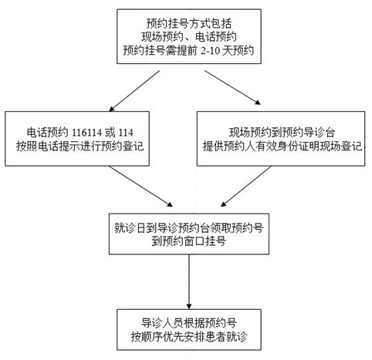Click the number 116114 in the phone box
pos(86,133)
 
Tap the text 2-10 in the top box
pos(210,51)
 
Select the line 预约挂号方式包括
pos(189,24)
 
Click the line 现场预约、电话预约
pos(189,37)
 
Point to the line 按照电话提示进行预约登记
pos(79,146)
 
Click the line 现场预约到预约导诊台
pos(282,133)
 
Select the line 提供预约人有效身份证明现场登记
pos(282,146)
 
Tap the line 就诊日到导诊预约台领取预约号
pos(189,227)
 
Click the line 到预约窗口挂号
pos(189,241)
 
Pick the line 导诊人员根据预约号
pos(189,323)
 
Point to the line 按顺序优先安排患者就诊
pos(189,336)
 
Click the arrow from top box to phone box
pos(134,91)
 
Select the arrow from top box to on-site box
pos(232,87)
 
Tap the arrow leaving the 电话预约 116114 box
pos(140,187)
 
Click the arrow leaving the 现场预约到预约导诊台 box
pos(246,187)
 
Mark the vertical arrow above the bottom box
pos(189,282)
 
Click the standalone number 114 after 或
pos(126,133)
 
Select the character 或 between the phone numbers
pos(110,133)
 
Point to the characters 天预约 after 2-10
pos(238,51)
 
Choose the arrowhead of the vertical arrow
pos(189,307)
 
